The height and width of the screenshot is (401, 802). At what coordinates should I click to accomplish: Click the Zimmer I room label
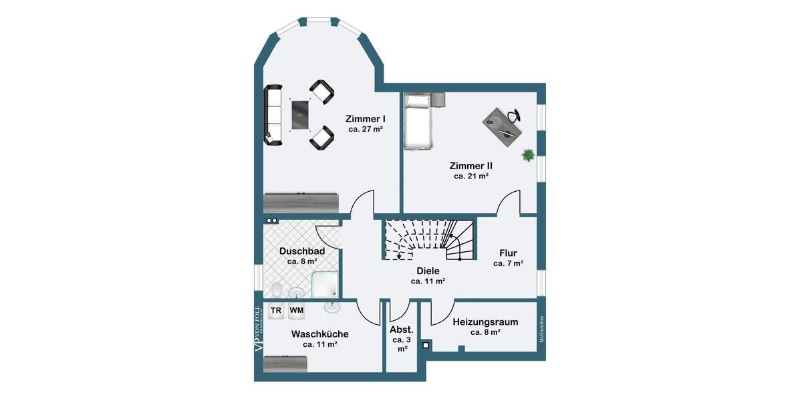click(365, 118)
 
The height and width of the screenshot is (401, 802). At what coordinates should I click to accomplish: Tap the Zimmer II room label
click(471, 165)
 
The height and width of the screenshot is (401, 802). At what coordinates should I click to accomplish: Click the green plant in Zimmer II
click(528, 155)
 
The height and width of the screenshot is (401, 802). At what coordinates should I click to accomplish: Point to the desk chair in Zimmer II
click(513, 116)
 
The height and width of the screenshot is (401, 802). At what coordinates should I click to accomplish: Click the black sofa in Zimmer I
click(273, 114)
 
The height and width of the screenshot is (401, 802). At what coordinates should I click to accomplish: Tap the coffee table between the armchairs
click(300, 116)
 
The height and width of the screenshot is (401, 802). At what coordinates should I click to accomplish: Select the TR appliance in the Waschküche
click(275, 311)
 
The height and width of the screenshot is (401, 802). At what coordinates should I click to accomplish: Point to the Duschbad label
click(301, 251)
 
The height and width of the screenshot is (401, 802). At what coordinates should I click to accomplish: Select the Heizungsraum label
click(485, 321)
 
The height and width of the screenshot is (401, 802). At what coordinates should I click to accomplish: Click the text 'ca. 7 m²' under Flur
click(508, 263)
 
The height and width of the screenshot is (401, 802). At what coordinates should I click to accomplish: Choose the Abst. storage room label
click(402, 329)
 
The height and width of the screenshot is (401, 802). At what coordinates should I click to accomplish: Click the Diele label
click(428, 271)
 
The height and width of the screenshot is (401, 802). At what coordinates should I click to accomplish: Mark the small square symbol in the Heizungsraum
click(426, 346)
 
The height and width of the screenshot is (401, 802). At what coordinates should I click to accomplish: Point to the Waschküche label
click(319, 333)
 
